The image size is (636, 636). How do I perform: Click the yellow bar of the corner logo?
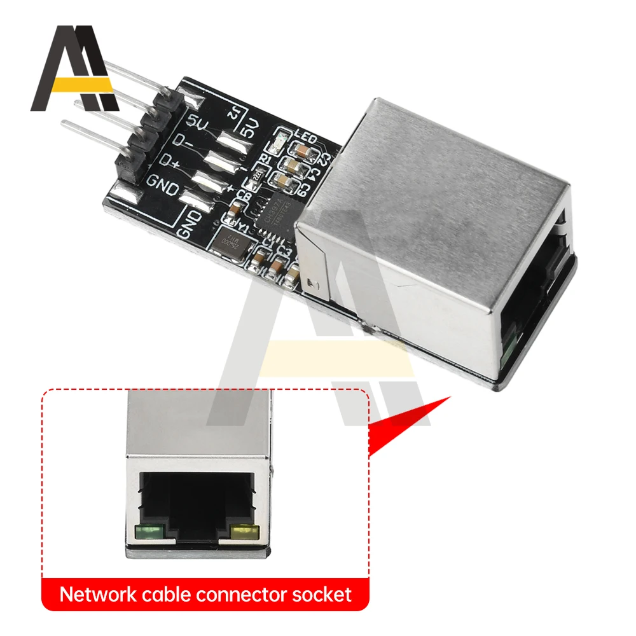(83, 84)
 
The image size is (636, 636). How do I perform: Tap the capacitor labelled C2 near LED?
(300, 150)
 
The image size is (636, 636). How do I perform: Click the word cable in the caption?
(166, 595)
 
